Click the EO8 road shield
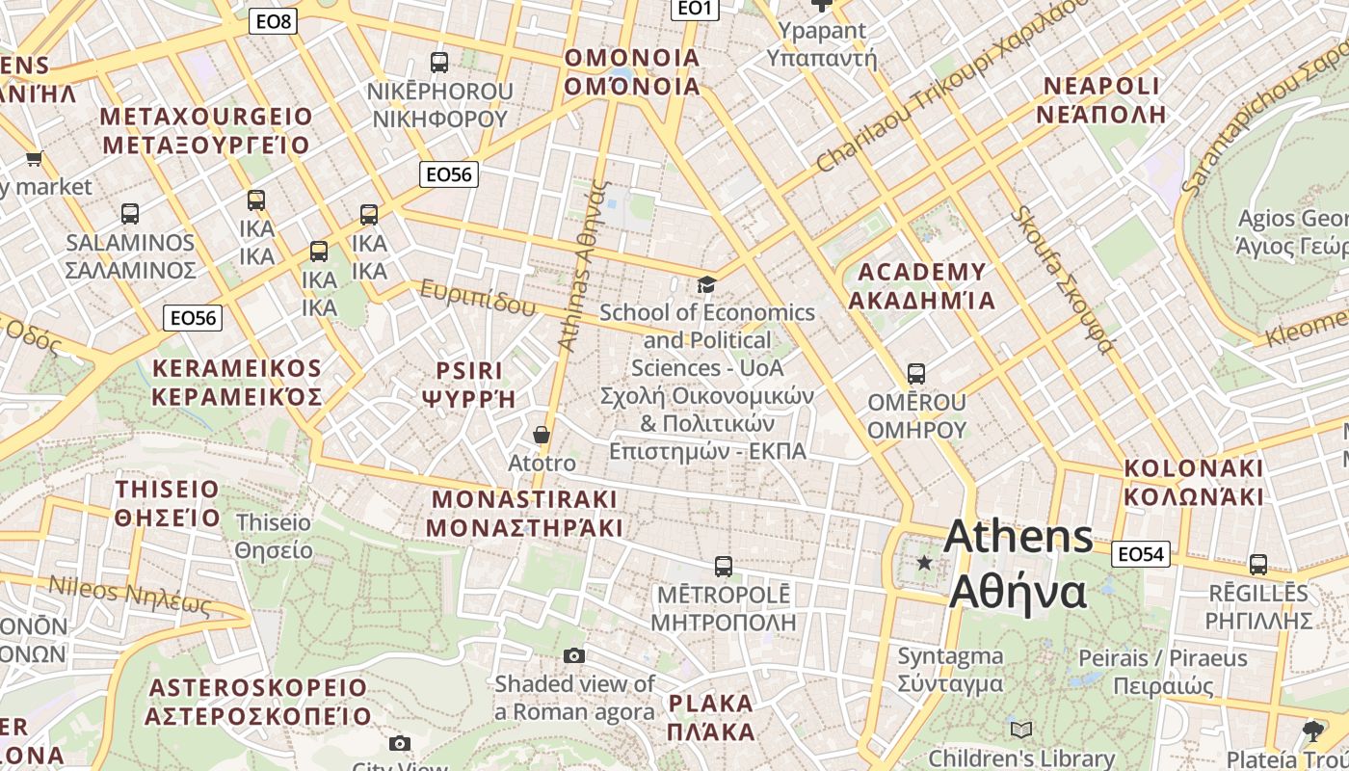pos(273,21)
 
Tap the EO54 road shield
pos(1141,553)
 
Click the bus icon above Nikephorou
pos(439,63)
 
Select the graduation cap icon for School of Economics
pos(707,284)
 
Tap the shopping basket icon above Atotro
pos(542,435)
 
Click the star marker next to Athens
pos(925,562)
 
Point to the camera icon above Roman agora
pos(574,656)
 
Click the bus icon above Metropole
pos(724,567)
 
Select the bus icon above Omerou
pos(916,373)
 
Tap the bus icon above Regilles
pos(1258,565)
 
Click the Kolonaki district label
pos(1193,483)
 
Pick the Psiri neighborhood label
pos(469,385)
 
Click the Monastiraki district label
pos(524,514)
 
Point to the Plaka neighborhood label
pos(710,716)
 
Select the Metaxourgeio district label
pos(206,131)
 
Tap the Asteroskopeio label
pos(257,702)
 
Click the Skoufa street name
pos(1064,279)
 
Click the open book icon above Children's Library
pos(1021,730)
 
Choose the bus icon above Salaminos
pos(130,214)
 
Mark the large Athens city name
pos(1018,564)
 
